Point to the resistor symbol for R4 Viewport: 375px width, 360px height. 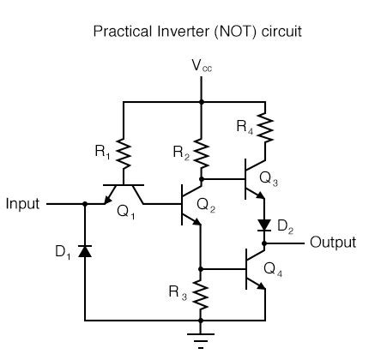click(x=265, y=129)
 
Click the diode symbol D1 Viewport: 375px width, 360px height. click(x=86, y=251)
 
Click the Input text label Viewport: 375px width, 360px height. click(x=23, y=205)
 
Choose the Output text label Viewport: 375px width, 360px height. click(x=332, y=243)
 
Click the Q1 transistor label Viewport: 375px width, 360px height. click(x=127, y=215)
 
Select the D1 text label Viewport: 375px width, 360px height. click(x=63, y=252)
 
